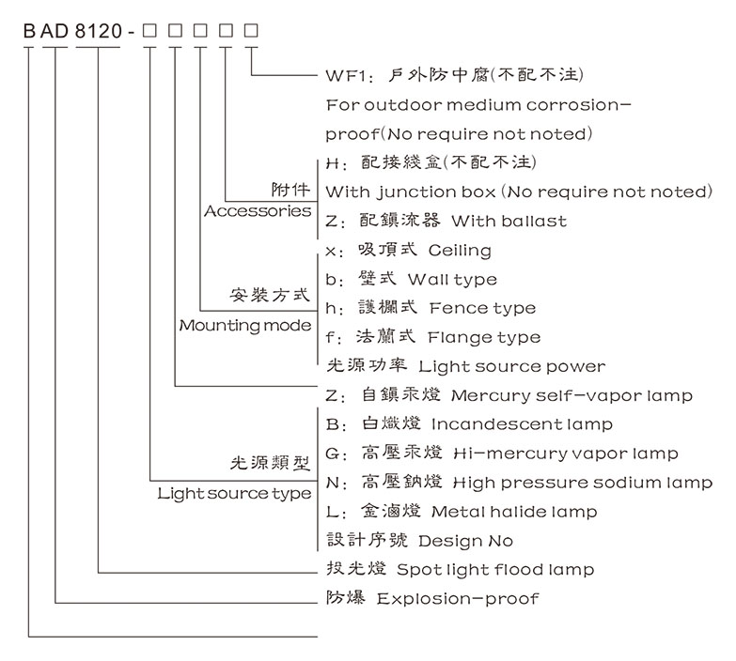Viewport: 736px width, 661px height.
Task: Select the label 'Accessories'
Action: pyautogui.click(x=258, y=211)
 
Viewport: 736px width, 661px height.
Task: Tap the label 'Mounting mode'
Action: pyautogui.click(x=245, y=326)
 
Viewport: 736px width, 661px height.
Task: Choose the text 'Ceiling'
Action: pyautogui.click(x=460, y=251)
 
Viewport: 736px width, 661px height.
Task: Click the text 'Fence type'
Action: pyautogui.click(x=482, y=308)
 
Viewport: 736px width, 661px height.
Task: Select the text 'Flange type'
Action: pyautogui.click(x=484, y=337)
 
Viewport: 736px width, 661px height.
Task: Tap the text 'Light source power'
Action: pyautogui.click(x=512, y=366)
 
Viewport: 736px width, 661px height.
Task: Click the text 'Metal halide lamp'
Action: pyautogui.click(x=514, y=512)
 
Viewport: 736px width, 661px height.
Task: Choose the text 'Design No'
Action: pyautogui.click(x=466, y=541)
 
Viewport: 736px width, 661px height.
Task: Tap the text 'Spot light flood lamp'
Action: pyautogui.click(x=495, y=570)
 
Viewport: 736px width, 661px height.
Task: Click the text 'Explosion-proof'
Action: pyautogui.click(x=459, y=598)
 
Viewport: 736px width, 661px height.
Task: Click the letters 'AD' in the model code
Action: pyautogui.click(x=55, y=32)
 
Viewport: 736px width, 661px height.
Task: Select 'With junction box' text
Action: pyautogui.click(x=410, y=192)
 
